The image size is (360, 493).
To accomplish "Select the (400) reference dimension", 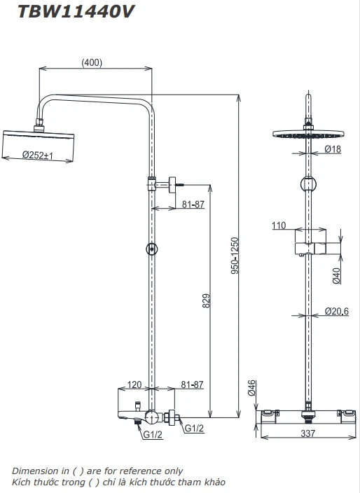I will tap(92, 62).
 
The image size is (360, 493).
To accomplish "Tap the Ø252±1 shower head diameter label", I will tap(39, 155).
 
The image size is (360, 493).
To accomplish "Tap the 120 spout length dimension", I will tap(135, 385).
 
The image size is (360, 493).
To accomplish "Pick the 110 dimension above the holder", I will tap(279, 225).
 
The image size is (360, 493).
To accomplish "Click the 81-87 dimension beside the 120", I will tap(192, 385).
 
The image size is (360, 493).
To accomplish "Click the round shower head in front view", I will tap(307, 134).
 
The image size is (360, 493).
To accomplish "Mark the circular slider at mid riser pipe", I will tap(151, 249).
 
